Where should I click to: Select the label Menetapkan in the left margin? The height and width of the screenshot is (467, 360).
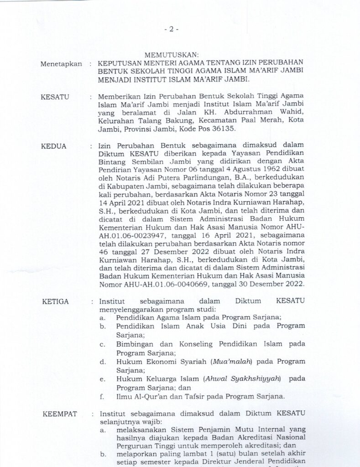pyautogui.click(x=61, y=64)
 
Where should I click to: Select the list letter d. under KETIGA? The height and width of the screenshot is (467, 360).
pyautogui.click(x=103, y=362)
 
